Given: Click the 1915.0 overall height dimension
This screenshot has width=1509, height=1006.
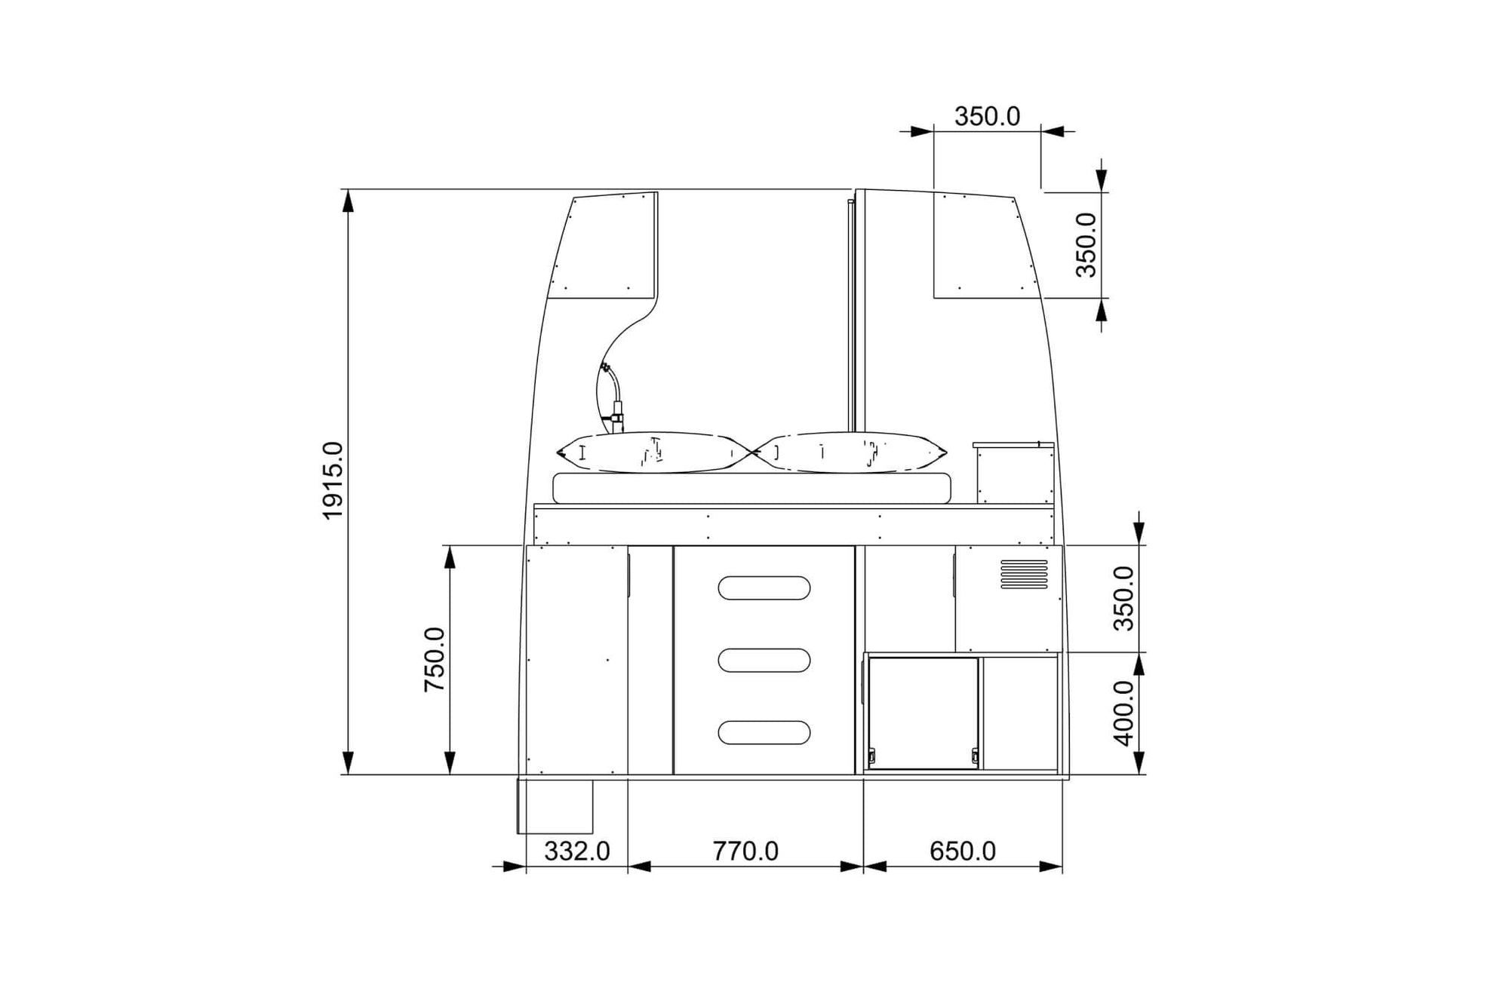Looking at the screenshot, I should point(333,481).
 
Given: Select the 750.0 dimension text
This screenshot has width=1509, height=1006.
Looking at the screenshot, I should point(435,660).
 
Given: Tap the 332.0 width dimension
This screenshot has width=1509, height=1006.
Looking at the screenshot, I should point(577,851).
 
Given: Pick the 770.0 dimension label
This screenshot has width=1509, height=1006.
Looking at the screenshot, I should point(745,851).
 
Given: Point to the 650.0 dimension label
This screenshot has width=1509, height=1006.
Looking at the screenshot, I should point(963,851).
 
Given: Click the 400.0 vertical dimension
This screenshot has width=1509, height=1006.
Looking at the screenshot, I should point(1123,713).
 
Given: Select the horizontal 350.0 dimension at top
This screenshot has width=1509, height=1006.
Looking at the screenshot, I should point(987,117).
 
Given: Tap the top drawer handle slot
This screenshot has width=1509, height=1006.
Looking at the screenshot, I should point(764,588).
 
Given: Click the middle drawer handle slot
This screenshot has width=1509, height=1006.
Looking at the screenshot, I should point(764,660).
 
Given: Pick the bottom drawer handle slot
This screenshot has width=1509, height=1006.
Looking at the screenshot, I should point(764,732).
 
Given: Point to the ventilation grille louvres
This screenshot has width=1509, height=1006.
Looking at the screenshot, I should point(1024,575).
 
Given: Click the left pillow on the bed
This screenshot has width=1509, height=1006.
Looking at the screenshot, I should point(653,452).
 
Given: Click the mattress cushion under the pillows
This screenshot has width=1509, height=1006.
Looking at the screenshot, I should point(751,488).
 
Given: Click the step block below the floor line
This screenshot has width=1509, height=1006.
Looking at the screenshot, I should point(555,806).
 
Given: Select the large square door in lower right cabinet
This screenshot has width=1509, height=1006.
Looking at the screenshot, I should point(924,713).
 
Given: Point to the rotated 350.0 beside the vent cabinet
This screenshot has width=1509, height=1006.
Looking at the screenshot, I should point(1123,598).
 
